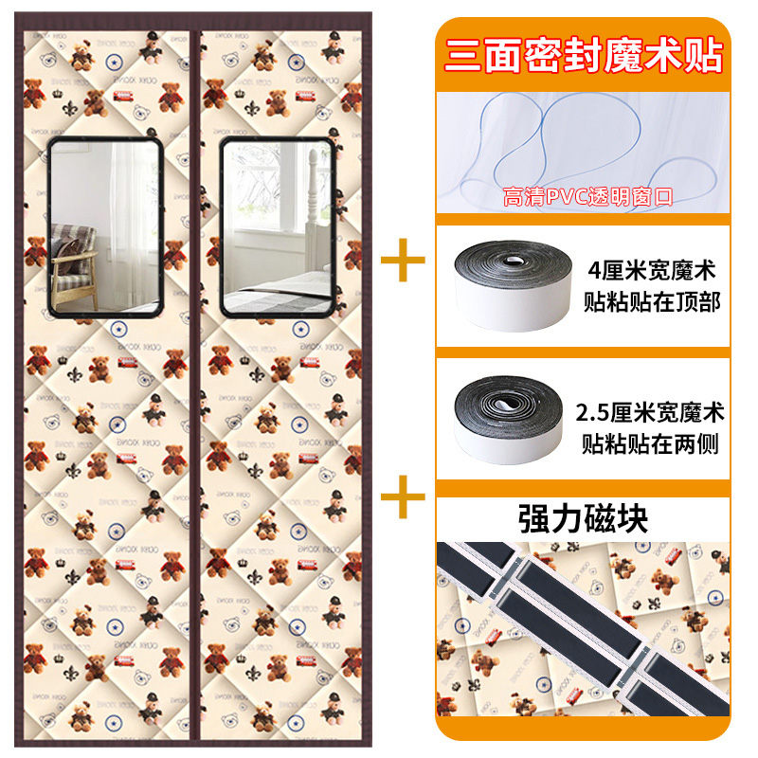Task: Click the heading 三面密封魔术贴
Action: tap(584, 54)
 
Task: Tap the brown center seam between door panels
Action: tap(195, 379)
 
